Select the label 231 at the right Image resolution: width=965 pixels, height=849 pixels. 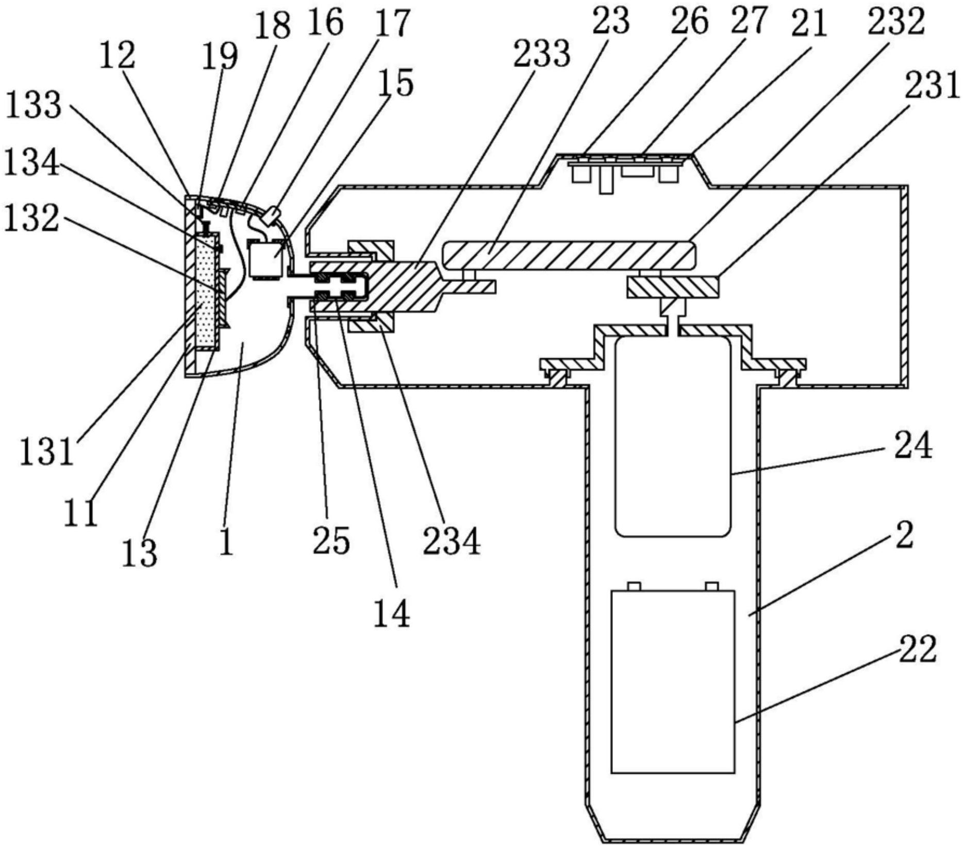933,86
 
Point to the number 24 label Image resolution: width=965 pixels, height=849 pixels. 913,445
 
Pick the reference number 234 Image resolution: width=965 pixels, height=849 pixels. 452,541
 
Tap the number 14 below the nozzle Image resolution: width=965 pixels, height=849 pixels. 392,613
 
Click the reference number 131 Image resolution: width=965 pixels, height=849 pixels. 47,453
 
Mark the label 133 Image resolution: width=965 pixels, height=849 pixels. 34,105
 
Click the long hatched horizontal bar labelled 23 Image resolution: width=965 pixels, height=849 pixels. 567,255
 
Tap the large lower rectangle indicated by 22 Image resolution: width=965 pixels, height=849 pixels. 673,681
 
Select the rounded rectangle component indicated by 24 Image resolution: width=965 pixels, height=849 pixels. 673,436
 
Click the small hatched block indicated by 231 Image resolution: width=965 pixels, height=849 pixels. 673,287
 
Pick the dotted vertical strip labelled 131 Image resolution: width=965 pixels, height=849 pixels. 207,291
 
